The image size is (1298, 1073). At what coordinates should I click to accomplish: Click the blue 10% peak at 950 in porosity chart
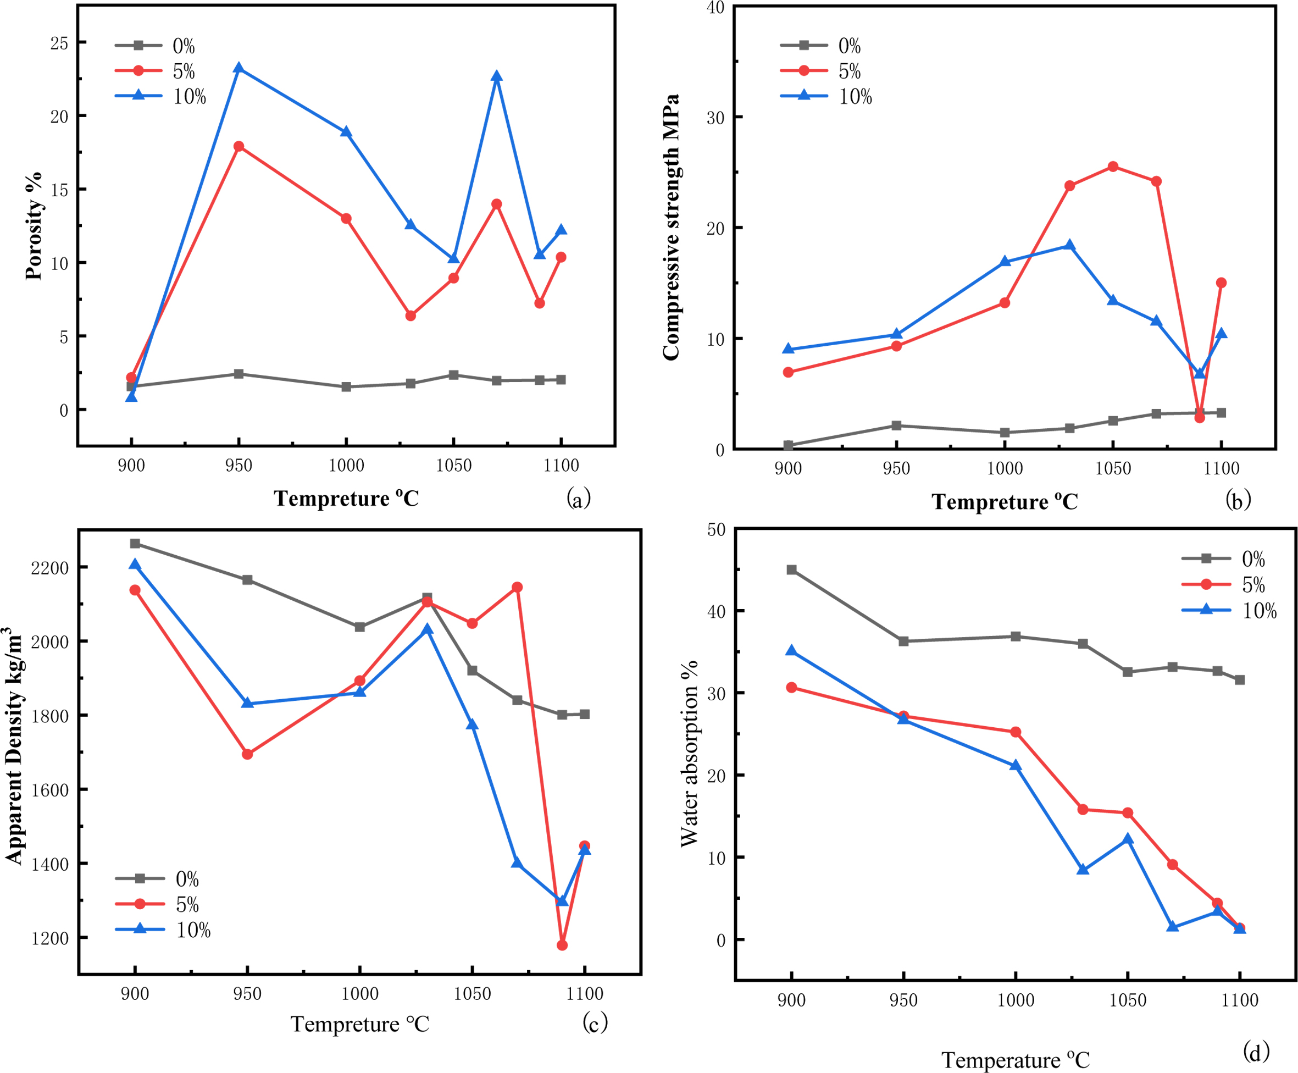click(238, 68)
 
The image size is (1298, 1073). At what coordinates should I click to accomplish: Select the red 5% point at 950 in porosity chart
click(238, 146)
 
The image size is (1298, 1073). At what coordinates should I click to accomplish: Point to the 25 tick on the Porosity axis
click(59, 43)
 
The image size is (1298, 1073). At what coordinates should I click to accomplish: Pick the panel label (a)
click(578, 497)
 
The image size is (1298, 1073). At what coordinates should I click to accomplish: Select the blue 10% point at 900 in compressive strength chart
click(787, 349)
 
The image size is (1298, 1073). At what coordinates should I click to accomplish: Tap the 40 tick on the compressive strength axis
click(715, 7)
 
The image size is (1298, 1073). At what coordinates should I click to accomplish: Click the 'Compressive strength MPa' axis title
click(671, 228)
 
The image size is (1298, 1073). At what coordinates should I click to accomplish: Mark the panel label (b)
click(1238, 500)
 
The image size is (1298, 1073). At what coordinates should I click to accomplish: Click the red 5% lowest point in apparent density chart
click(562, 945)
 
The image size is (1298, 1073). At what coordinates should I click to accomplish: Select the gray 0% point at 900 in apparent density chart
click(135, 543)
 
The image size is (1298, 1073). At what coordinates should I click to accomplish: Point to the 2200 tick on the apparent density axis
click(50, 567)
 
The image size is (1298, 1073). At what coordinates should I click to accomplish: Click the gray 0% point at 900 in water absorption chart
click(791, 570)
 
